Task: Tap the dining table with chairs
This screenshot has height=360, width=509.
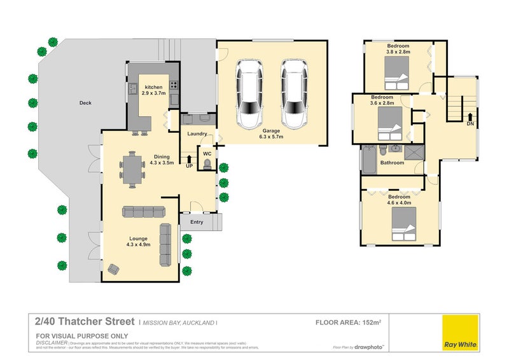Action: (131, 169)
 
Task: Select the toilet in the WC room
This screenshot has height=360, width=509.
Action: (207, 164)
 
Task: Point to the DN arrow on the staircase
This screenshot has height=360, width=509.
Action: (470, 116)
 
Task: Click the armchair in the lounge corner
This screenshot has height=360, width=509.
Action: (114, 268)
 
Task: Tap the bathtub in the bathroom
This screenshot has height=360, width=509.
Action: (369, 159)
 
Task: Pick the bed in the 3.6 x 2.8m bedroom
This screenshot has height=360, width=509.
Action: (389, 123)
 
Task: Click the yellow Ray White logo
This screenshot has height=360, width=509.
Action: (461, 331)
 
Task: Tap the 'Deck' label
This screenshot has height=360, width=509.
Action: (85, 102)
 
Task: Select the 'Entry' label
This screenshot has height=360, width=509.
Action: (196, 221)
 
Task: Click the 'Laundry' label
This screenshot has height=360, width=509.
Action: (197, 134)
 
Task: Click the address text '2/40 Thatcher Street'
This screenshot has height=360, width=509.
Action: (85, 322)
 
